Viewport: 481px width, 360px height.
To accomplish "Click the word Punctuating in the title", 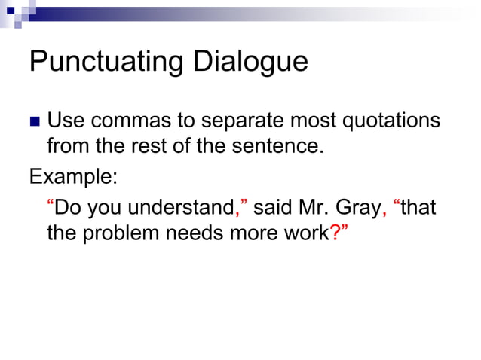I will coord(107,62).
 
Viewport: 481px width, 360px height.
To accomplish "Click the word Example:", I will coord(73,178).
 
